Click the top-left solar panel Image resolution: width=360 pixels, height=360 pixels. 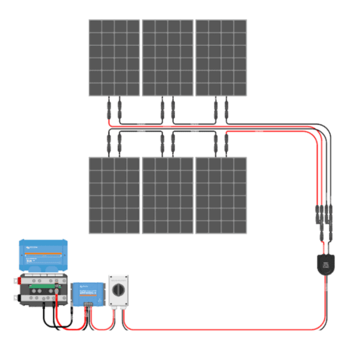coord(115,58)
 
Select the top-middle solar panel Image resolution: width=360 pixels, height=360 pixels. coord(168,58)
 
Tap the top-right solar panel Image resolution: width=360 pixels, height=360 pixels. coord(221,58)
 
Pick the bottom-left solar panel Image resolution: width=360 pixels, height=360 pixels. coord(115,195)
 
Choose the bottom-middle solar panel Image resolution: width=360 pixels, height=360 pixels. coord(168,195)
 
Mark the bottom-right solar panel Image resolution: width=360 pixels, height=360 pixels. coord(221,195)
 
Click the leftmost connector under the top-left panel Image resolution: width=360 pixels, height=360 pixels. coord(108,108)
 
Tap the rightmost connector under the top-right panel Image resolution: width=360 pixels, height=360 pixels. coord(227,108)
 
